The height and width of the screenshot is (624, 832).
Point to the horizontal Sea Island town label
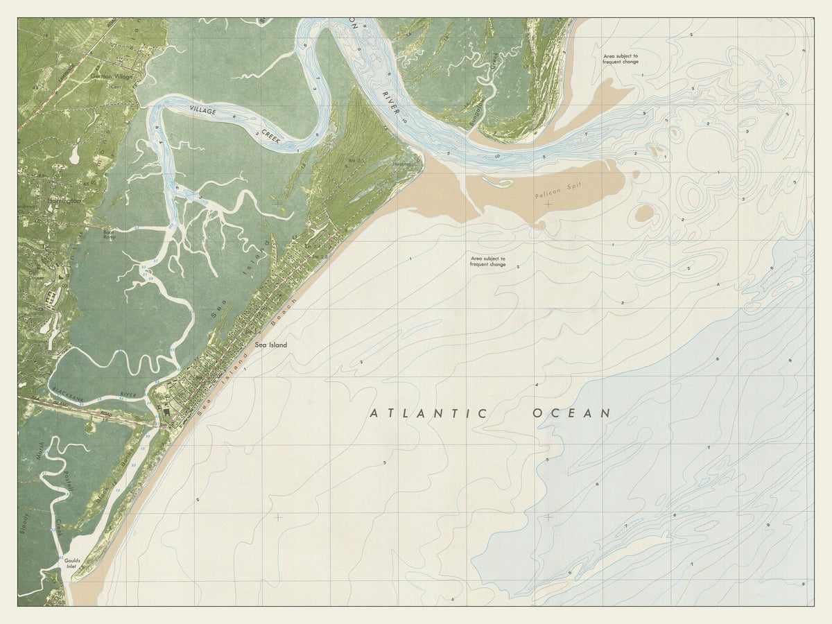270,345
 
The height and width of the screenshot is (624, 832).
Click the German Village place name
111,76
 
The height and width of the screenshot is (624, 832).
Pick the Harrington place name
64,200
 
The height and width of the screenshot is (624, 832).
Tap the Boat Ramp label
109,234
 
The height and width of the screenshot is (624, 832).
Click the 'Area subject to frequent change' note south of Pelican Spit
488,261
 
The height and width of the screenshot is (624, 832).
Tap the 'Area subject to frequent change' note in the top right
621,58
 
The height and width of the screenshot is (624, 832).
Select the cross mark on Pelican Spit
548,204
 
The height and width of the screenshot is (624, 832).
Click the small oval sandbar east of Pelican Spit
644,214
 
